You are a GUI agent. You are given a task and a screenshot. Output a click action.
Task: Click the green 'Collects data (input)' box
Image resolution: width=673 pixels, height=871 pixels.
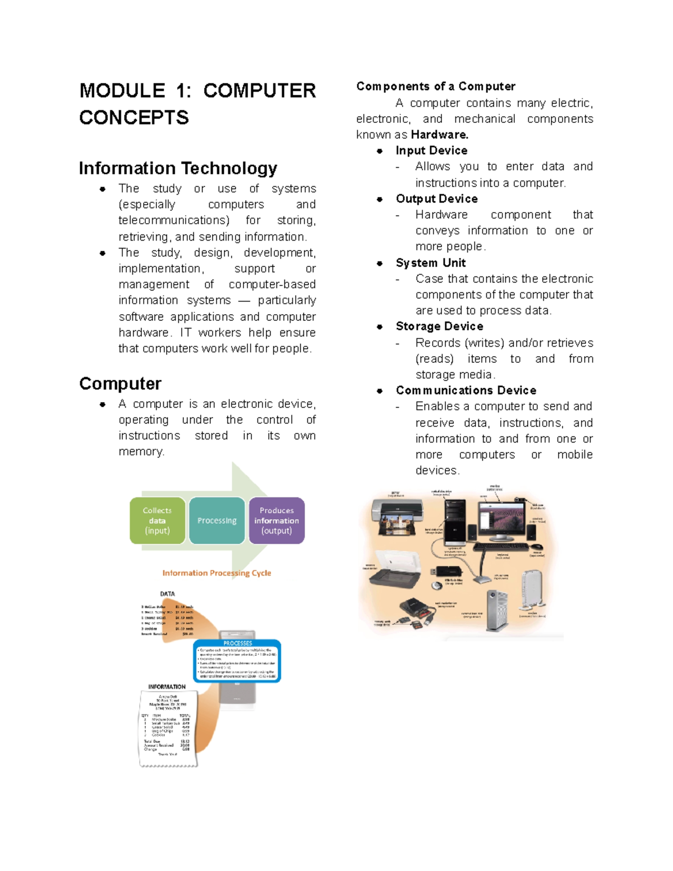pos(157,520)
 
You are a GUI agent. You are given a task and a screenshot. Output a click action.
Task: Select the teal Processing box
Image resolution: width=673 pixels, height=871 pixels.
pos(217,520)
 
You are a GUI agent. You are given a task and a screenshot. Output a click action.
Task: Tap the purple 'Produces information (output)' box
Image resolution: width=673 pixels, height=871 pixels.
pos(276,520)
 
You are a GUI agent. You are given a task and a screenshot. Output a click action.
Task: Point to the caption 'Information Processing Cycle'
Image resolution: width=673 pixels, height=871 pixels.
pos(216,573)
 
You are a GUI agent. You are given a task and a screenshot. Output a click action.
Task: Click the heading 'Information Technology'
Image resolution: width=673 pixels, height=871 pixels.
pos(178,168)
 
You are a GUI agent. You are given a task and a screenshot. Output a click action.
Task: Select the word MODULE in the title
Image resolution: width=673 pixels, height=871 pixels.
pos(122,91)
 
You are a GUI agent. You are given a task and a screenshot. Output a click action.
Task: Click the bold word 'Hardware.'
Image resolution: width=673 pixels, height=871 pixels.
pos(440,135)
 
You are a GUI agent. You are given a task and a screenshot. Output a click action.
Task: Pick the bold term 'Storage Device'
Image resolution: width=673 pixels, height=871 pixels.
pos(439,326)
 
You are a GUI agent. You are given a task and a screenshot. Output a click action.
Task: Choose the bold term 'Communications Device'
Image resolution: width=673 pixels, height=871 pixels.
pos(465,390)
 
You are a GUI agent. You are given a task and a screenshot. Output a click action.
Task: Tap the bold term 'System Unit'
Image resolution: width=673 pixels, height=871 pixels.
pos(430,263)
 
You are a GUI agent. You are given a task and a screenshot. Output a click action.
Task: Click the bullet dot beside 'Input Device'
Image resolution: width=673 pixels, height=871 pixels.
pos(380,151)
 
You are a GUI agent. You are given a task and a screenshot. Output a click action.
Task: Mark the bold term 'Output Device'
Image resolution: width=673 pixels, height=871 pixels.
pos(436,199)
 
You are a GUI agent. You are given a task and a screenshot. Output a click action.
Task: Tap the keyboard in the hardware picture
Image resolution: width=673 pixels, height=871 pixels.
pos(500,546)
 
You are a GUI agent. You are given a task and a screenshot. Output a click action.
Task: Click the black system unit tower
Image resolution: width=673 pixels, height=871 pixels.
pos(454,522)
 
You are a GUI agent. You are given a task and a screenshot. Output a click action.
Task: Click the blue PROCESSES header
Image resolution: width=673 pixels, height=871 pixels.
pos(237,643)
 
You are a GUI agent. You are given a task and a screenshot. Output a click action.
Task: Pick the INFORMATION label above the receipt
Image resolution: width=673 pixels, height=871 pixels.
pos(167,686)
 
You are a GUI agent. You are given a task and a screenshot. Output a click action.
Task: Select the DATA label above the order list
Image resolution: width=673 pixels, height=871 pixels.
pos(167,593)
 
